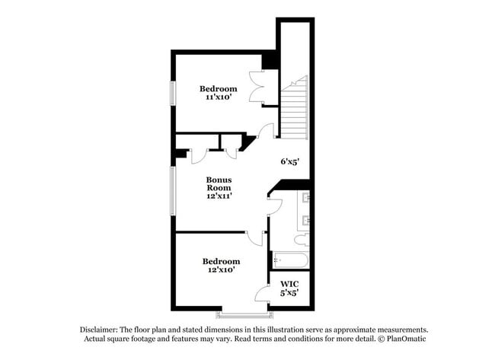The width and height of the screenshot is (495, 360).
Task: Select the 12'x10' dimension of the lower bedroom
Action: [220, 269]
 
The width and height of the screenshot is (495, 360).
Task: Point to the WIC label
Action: [289, 284]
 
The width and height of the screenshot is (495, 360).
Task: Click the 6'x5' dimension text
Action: [290, 161]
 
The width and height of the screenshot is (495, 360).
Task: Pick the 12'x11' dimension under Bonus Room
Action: [219, 195]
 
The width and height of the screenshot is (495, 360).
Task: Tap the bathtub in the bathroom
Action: [290, 261]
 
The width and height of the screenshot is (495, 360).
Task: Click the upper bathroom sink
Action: [306, 199]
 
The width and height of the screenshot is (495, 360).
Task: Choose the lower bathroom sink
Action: [306, 221]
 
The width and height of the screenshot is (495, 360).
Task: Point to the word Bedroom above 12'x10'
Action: [221, 260]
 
